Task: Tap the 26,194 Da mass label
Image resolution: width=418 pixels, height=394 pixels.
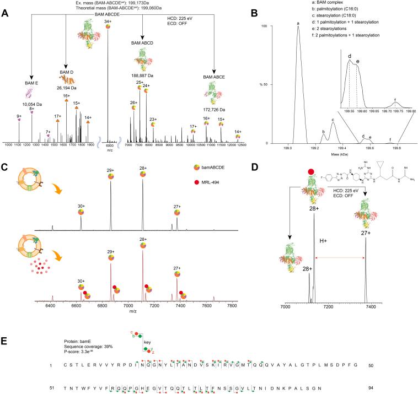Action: point(66,87)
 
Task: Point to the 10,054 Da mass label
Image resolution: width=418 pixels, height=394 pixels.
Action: point(31,104)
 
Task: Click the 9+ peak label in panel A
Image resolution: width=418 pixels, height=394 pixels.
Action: point(19,116)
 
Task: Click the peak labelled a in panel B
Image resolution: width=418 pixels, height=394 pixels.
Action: point(298,23)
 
